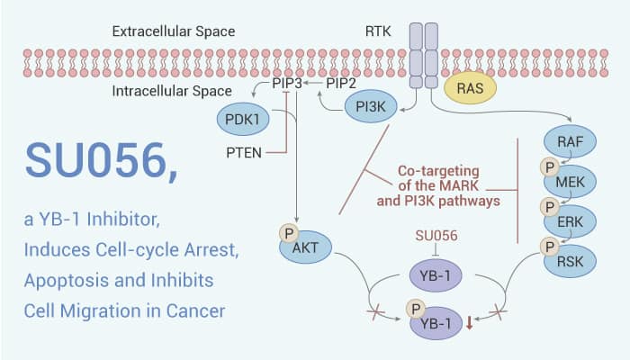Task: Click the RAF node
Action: [x=571, y=139]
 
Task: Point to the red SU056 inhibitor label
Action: [x=436, y=235]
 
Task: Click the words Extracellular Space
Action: [x=174, y=31]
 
